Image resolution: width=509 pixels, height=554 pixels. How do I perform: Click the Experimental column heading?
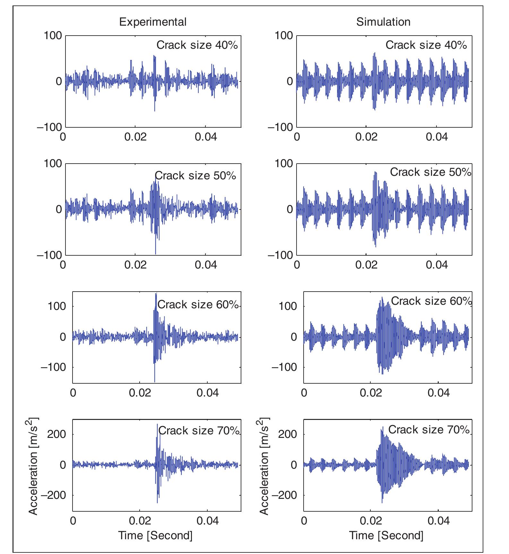[152, 22]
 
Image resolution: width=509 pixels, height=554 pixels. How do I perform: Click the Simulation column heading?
[383, 22]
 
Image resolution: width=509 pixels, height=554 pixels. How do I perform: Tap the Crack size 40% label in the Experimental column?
[197, 45]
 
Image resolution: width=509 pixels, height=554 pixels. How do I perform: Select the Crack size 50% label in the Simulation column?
[430, 172]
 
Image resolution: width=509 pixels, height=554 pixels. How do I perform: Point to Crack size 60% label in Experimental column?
[198, 304]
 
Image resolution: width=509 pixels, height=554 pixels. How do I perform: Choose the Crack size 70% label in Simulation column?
[429, 430]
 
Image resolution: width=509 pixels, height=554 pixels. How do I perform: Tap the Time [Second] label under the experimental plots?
[155, 535]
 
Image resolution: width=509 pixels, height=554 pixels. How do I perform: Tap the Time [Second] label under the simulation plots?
[386, 535]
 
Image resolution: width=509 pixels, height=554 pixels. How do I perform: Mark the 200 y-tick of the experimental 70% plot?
[56, 434]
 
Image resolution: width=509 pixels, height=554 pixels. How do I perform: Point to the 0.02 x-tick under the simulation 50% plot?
[366, 265]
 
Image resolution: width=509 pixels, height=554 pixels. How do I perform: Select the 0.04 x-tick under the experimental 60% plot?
[207, 393]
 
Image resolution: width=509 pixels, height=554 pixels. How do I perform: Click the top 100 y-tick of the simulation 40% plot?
[284, 35]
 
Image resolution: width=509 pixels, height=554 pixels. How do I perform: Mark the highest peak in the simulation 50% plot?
[375, 173]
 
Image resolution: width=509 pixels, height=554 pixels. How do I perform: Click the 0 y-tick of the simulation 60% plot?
[294, 337]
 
